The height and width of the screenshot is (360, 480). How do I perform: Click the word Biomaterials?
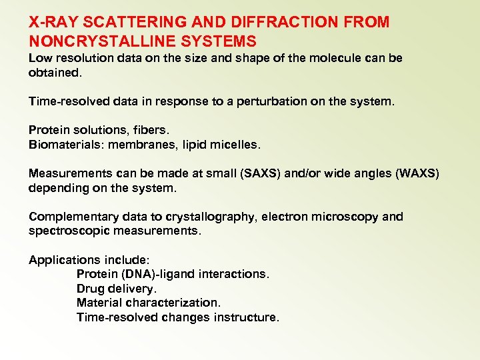coord(63,145)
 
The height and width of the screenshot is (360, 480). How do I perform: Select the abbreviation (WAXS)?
coord(417,173)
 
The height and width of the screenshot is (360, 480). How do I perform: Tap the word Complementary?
coord(73,217)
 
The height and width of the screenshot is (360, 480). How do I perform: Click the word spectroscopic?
coord(71,231)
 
